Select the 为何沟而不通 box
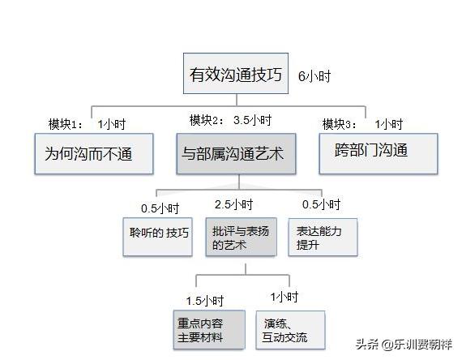coord(94,152)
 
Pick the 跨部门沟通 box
coord(374,151)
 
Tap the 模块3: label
coord(341,124)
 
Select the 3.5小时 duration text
coord(252,120)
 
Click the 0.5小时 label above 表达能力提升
coord(321,204)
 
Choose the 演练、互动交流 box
coord(289,329)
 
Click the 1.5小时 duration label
coord(203,300)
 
